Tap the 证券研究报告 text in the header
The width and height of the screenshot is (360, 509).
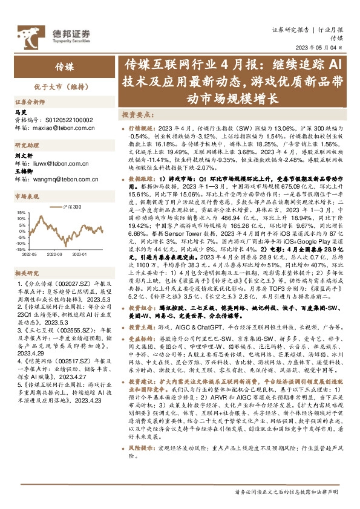pos(288,28)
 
